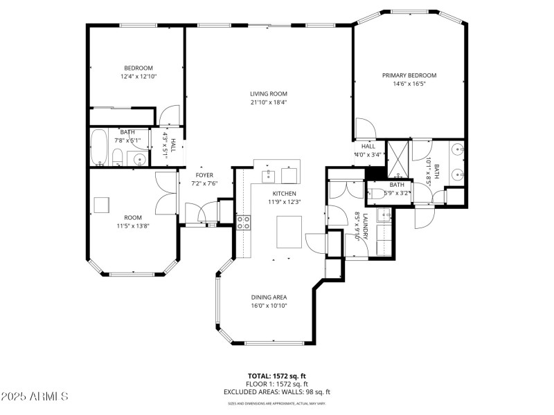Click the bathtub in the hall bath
click(100, 145)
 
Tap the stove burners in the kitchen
click(244, 222)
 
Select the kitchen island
click(289, 232)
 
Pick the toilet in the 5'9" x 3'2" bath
click(375, 194)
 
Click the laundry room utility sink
click(385, 216)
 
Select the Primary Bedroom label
click(409, 75)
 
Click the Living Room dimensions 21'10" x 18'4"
click(269, 102)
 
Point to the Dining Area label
click(269, 297)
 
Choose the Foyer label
click(204, 175)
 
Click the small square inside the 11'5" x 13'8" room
click(101, 204)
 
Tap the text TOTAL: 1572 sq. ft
click(276, 376)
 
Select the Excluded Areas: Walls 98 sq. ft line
click(276, 391)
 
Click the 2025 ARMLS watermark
click(35, 397)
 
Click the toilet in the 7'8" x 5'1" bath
click(118, 156)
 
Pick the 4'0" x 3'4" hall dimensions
click(368, 154)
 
